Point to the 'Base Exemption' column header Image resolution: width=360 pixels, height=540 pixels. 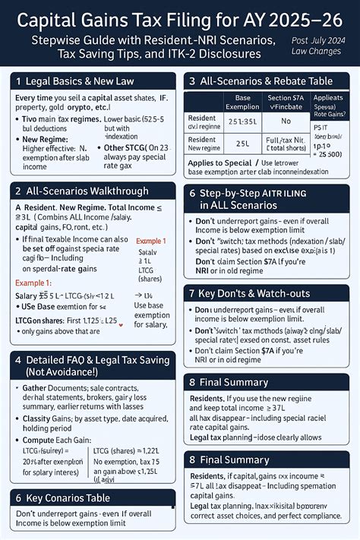point(242,103)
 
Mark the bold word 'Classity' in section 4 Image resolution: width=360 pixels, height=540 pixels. point(36,418)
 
